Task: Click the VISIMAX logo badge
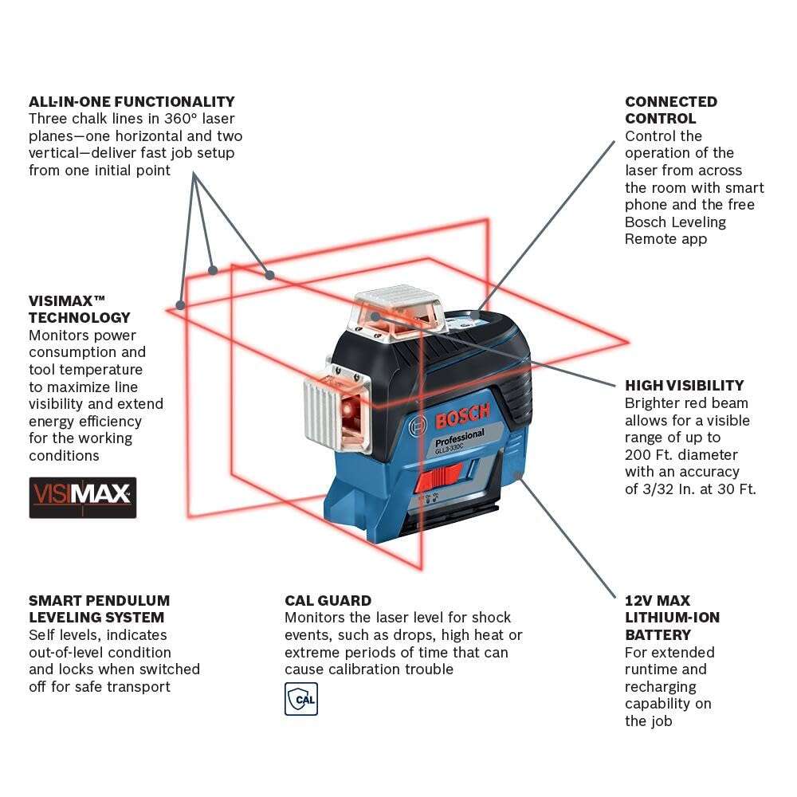click(x=83, y=497)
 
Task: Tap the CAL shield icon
click(x=301, y=698)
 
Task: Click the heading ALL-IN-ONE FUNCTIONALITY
click(x=132, y=102)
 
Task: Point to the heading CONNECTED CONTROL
click(x=671, y=110)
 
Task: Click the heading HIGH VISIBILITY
click(x=685, y=386)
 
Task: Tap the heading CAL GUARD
click(x=328, y=600)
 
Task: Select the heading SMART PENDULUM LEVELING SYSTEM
click(x=99, y=609)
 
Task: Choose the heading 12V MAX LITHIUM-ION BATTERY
click(x=672, y=618)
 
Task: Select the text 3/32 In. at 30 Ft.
click(x=690, y=489)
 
